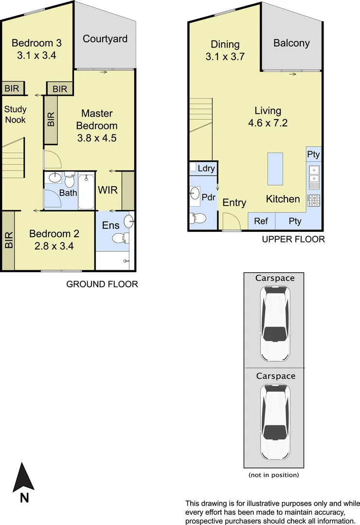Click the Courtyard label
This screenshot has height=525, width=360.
point(105,39)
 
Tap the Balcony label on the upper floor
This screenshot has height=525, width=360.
point(291,43)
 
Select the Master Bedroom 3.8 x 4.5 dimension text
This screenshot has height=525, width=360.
point(97,138)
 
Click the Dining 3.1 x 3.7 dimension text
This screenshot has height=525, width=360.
point(225,56)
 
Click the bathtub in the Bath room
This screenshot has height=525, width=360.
point(86,191)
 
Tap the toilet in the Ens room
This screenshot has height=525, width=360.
point(119,238)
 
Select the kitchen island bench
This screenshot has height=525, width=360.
point(275,169)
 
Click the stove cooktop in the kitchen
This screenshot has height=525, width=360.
point(313,200)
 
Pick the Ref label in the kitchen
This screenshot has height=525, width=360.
point(261,221)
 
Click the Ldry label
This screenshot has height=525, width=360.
point(206,168)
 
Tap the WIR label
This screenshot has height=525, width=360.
point(108,190)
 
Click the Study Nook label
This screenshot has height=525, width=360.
point(15,114)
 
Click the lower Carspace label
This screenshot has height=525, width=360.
point(275,376)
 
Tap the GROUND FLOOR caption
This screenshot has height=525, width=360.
point(102,284)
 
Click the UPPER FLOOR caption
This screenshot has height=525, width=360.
point(293,239)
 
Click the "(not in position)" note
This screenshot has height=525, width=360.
point(273,475)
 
